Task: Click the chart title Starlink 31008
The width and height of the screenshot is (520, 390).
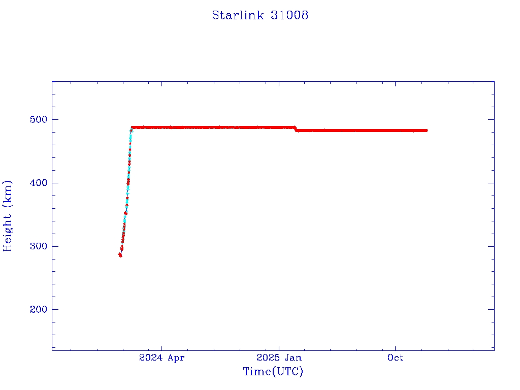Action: [x=260, y=15]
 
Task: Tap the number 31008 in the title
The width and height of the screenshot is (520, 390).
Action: [x=289, y=15]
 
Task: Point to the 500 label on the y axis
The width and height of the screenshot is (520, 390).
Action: [x=38, y=120]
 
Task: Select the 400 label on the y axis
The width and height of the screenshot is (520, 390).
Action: [x=38, y=183]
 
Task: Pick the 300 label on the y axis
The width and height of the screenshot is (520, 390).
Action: [x=38, y=246]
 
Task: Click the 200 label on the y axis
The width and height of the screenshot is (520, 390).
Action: [x=38, y=310]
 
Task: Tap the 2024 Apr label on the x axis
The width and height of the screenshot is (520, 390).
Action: [x=161, y=358]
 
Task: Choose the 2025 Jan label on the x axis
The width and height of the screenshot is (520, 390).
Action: [x=278, y=358]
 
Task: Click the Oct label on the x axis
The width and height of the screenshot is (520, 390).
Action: [x=395, y=358]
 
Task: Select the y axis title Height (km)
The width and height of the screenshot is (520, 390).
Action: [x=8, y=215]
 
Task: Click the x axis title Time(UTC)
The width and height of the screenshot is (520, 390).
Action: [x=273, y=372]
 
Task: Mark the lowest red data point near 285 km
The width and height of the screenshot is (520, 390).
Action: [x=120, y=255]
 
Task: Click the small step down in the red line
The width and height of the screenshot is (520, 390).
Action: [x=296, y=129]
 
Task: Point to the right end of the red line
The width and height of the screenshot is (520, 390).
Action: [x=426, y=131]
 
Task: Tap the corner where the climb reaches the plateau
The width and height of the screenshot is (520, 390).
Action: [x=132, y=127]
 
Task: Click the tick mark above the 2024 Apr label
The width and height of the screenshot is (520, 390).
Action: [x=161, y=347]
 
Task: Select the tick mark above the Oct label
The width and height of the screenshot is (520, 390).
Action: [x=395, y=347]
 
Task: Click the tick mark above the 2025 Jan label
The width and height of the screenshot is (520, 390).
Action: [x=278, y=347]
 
